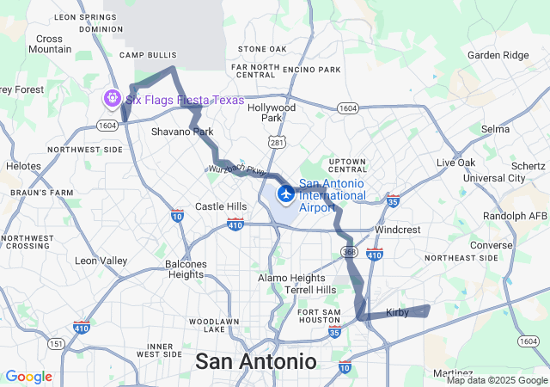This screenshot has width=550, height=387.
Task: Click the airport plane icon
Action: [x=285, y=191]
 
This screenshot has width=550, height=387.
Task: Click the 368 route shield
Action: [x=348, y=252]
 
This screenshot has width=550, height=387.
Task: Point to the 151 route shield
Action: [x=57, y=343]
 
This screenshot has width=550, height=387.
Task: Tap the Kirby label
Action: [x=397, y=312]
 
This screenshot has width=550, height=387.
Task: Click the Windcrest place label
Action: [x=398, y=230]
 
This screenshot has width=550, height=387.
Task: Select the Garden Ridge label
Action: [x=498, y=55]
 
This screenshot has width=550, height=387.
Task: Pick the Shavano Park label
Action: [x=182, y=132]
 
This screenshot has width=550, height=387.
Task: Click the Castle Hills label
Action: [x=221, y=206]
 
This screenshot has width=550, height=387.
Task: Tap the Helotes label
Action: [x=23, y=165]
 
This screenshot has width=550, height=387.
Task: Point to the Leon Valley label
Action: [x=101, y=261]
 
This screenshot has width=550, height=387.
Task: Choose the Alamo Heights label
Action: [x=292, y=278]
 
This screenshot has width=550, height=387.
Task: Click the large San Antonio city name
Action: [x=255, y=361]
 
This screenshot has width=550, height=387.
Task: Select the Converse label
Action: [x=491, y=244]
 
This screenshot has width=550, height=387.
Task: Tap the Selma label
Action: [x=496, y=129]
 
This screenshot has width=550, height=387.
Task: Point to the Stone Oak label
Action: [x=262, y=49]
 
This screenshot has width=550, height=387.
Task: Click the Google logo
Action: [x=28, y=377]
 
